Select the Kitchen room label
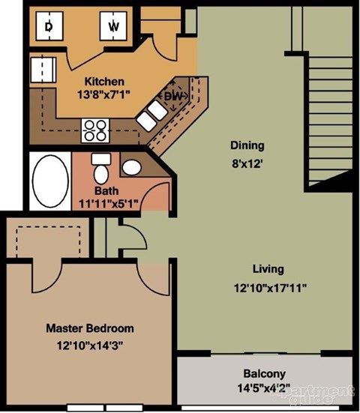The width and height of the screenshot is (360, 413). point(103,81)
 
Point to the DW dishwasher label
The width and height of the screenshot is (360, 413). point(173,96)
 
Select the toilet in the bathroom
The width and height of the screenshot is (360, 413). point(100,172)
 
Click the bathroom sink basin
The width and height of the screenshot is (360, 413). point(132,166)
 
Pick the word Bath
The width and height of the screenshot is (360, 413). point(105,190)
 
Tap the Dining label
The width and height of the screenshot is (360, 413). point(247,145)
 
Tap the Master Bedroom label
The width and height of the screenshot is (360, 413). point(89,328)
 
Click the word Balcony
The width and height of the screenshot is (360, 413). point(263,374)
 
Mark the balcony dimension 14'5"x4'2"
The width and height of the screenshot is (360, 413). point(263,388)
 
